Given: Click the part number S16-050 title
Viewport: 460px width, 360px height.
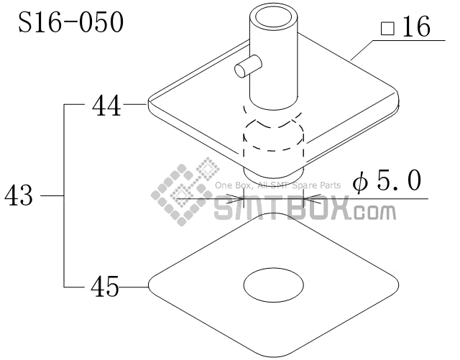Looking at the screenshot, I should tap(70, 22).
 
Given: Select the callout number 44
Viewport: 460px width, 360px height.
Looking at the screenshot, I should tap(106, 106).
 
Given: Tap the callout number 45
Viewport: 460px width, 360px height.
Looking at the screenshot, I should tap(105, 287).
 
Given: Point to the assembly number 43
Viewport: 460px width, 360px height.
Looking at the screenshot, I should tap(19, 195).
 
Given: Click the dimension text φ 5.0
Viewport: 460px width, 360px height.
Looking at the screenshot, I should tap(387, 182).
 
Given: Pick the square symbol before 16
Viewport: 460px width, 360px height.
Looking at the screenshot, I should tap(387, 29).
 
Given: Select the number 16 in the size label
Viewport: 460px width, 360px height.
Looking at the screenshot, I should tap(415, 28).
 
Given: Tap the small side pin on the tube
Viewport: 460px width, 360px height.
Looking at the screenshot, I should tap(244, 68).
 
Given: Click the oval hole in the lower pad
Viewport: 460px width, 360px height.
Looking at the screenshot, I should tap(274, 286).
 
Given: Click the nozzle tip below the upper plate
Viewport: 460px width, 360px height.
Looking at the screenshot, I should tap(273, 173).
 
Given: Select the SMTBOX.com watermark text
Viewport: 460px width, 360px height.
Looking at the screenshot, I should tap(305, 211).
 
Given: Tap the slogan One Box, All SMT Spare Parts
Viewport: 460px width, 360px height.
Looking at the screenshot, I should tap(277, 185).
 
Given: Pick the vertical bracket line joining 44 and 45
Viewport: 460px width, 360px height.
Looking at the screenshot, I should tap(65, 195).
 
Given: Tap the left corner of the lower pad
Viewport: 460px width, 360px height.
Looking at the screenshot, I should tap(150, 287).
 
